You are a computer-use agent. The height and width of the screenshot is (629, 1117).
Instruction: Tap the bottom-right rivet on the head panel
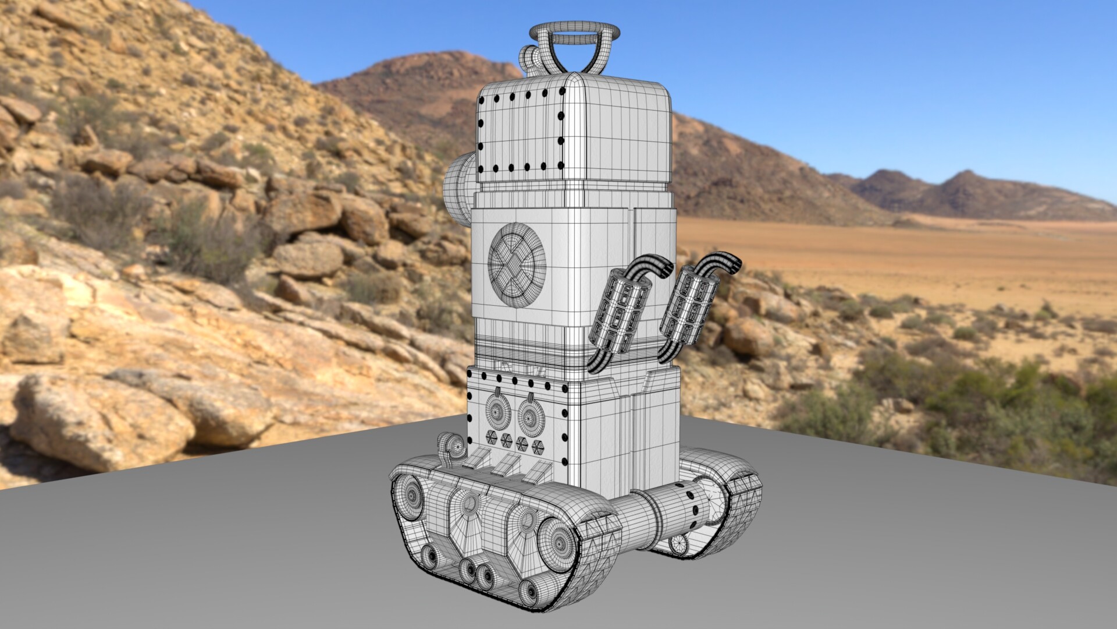(560, 167)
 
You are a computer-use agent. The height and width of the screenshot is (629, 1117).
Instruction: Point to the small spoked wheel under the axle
(678, 545)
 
